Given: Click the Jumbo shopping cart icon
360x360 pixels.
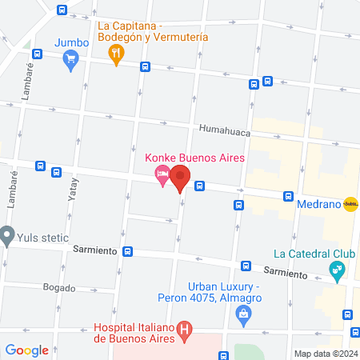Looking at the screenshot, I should (x=71, y=58).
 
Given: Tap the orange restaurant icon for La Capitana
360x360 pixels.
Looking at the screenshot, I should (x=116, y=54).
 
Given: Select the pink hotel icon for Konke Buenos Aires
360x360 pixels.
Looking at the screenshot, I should (x=162, y=176).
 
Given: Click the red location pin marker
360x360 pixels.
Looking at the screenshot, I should (x=181, y=178).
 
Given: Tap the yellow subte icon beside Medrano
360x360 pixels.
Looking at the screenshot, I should (x=350, y=204).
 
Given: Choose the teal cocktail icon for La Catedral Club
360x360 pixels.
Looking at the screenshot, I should (x=337, y=271).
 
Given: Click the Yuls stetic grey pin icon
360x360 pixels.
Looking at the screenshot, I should (x=8, y=235).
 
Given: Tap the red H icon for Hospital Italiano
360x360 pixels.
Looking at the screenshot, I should (x=186, y=328).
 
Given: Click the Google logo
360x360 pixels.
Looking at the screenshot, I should (x=26, y=350).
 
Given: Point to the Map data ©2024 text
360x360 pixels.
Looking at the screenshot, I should (x=325, y=353).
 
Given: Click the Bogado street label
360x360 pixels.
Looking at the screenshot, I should (x=59, y=287).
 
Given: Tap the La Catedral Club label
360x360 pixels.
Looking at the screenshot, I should (x=313, y=254).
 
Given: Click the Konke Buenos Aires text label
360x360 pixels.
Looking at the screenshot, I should (x=194, y=157).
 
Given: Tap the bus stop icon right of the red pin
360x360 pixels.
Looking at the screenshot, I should (x=198, y=186).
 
